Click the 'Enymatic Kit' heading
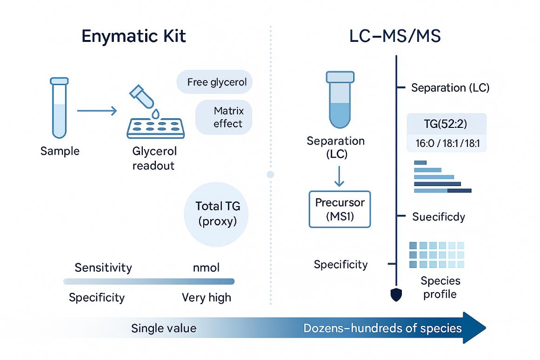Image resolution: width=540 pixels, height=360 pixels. coord(133,37)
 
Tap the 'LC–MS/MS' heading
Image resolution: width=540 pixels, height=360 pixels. coord(394,37)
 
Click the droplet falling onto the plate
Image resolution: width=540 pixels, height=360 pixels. coord(155,113)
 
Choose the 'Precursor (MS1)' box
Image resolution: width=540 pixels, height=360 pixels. coord(340,209)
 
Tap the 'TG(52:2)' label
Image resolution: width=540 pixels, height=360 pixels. coord(446,124)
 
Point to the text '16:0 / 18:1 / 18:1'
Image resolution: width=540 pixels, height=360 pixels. coord(446,142)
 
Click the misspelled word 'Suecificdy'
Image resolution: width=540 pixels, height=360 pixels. coord(439,216)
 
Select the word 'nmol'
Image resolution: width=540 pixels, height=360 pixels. coord(206,268)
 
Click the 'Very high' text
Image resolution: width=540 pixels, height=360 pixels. coord(206,298)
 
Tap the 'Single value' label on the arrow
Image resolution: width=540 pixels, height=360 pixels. coord(164,328)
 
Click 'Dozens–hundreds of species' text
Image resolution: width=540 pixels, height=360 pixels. coord(382,328)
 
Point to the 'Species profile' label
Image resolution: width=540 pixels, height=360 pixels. coord(440,287)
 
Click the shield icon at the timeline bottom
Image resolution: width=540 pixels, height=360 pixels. coord(396,295)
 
